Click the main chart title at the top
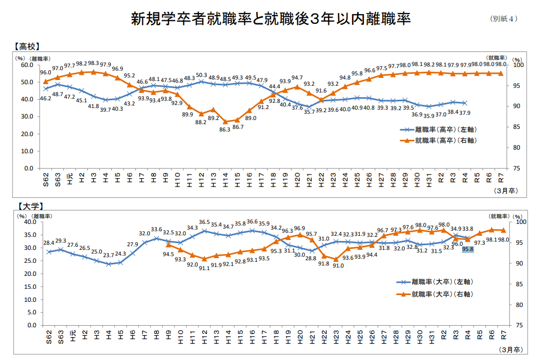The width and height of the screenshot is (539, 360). point(270,19)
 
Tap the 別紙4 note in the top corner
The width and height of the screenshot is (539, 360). point(504,19)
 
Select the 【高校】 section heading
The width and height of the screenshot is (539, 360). point(28,46)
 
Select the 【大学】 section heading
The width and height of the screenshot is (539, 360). point(28,206)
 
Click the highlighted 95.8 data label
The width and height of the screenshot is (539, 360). point(467,249)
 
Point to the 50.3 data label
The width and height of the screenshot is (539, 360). point(202,75)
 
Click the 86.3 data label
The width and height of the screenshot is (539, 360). point(225,129)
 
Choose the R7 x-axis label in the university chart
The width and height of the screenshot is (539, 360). point(503,336)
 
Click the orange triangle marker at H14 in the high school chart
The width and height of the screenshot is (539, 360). point(225,122)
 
